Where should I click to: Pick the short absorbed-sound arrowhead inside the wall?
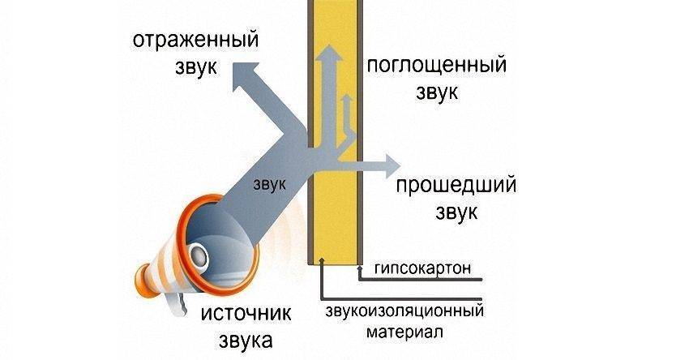pyautogui.click(x=346, y=100)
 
